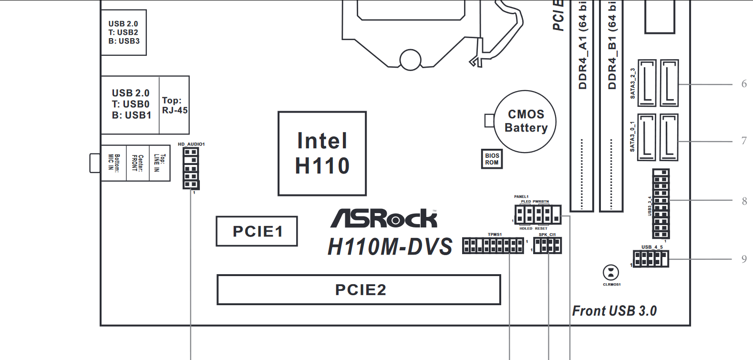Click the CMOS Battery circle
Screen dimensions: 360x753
(525, 121)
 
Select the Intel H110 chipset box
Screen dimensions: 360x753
(322, 154)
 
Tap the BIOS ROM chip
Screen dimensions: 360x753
(492, 159)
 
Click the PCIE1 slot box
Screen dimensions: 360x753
(257, 231)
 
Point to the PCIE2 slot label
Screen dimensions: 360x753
(361, 289)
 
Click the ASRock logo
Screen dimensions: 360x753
(384, 219)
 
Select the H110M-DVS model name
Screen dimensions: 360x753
(390, 247)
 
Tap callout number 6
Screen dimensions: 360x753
(744, 84)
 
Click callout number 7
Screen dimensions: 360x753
(744, 141)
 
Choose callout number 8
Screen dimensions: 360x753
(744, 201)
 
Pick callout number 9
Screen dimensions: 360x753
(744, 259)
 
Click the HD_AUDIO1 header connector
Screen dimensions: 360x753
(191, 168)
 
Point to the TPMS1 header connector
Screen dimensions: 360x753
(493, 246)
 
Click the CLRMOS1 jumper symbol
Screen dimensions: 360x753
(611, 273)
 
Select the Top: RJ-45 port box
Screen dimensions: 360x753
(175, 105)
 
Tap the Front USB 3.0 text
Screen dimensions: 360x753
(614, 311)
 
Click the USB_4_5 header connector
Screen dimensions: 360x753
(650, 259)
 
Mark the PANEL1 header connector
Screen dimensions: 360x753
(537, 214)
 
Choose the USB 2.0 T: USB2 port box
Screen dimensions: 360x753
(124, 32)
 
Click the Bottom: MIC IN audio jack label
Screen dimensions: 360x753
(114, 163)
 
